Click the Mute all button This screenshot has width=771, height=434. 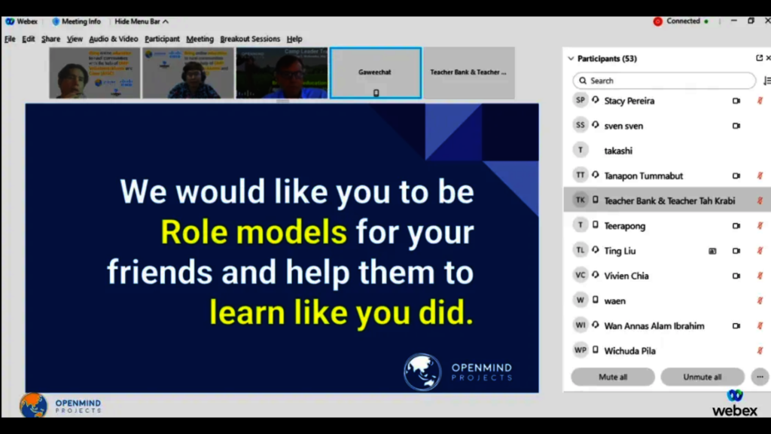tap(612, 377)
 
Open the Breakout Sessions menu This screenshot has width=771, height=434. tap(250, 39)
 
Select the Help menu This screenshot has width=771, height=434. tap(294, 39)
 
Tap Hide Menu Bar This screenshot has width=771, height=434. tap(142, 21)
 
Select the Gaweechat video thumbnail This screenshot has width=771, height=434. tap(375, 72)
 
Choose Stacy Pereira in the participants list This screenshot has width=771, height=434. tap(629, 101)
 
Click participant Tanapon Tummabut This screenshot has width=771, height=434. tap(643, 176)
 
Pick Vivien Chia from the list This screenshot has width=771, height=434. tap(626, 276)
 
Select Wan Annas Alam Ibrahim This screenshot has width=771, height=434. tap(654, 325)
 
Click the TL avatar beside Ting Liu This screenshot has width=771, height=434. tap(580, 251)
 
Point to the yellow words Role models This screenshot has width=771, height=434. tap(254, 232)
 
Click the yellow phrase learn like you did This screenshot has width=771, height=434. tap(341, 312)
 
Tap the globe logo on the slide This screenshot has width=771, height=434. tap(422, 371)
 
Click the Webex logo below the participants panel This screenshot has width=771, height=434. tap(735, 403)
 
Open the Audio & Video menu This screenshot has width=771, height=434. tap(114, 39)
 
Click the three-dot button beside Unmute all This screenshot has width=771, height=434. tap(760, 377)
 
